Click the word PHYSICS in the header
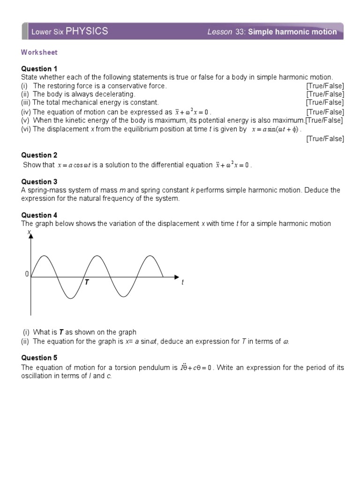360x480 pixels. [x=87, y=31]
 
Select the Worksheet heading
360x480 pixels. [x=39, y=52]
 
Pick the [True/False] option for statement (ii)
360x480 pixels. [x=325, y=94]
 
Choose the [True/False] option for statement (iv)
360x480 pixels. [x=325, y=112]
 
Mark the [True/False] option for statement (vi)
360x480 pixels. [x=325, y=138]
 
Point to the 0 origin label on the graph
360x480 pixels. [x=27, y=274]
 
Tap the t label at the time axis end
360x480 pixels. [x=182, y=282]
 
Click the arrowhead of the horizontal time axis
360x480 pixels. [x=176, y=277]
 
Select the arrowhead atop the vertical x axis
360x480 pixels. [x=31, y=236]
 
